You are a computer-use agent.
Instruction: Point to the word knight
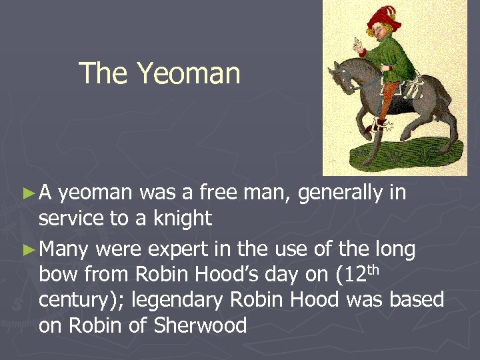coord(179,218)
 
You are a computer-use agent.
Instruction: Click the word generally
coord(341,193)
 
